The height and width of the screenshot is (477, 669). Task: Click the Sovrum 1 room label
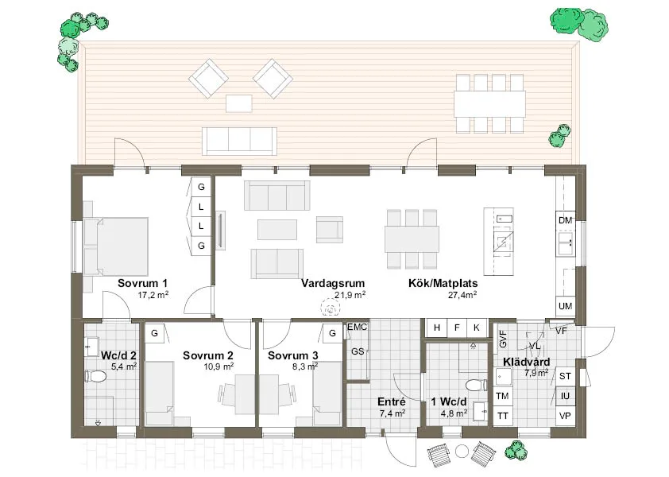(142, 283)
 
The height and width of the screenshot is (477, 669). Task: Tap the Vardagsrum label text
(333, 283)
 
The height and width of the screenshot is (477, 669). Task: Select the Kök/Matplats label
(443, 283)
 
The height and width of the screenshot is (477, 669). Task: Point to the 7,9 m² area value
(536, 373)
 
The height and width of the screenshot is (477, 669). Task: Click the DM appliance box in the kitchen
(566, 221)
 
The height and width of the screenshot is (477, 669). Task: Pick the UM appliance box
(566, 306)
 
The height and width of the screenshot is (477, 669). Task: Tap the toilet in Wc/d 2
(95, 377)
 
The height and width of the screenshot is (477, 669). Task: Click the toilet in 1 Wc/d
(476, 386)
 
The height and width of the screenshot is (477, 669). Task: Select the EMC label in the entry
(357, 327)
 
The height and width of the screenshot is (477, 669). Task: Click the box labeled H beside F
(437, 328)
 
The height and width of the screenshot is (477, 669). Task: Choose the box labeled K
(477, 328)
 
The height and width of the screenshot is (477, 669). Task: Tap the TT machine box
(503, 416)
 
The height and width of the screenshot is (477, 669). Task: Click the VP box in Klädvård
(566, 415)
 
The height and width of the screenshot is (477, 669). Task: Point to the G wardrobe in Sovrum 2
(154, 332)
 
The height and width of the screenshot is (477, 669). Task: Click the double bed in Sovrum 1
(116, 246)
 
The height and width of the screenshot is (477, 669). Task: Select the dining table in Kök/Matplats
(412, 238)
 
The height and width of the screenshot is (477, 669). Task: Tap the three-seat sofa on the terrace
(239, 141)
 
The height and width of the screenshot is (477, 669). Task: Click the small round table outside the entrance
(462, 451)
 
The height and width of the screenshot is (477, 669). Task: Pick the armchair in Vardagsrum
(330, 229)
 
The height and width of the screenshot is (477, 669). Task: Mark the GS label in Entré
(358, 351)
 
